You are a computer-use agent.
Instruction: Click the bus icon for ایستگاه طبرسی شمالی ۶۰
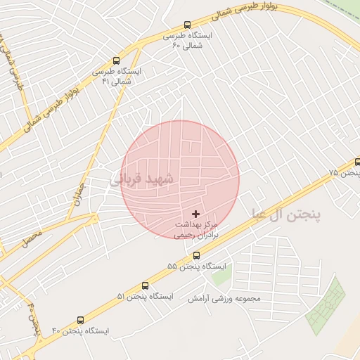[x=186, y=25]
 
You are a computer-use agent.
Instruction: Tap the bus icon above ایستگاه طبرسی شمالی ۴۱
[x=116, y=60]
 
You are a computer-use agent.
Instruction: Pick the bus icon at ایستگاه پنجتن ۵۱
[x=145, y=285]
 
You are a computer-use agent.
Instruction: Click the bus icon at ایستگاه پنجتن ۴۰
[x=79, y=320]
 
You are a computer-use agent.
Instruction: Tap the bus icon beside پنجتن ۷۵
[x=357, y=162]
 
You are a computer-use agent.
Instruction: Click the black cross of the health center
[x=195, y=213]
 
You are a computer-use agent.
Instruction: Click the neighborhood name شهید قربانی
[x=141, y=179]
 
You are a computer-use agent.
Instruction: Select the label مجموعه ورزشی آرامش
[x=224, y=298]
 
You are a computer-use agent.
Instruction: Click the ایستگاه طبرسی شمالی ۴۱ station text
[x=117, y=76]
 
